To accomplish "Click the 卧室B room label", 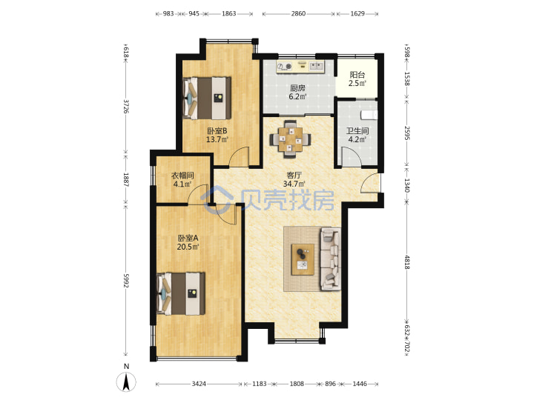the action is [x=217, y=131].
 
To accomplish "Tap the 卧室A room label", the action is [x=188, y=238].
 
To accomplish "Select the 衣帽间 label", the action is [x=182, y=176].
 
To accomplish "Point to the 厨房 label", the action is [x=297, y=88].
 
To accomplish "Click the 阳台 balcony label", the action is [x=357, y=75].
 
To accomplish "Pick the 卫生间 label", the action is [x=357, y=131].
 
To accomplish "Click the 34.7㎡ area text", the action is [x=294, y=184].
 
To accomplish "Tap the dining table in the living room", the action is [x=290, y=139].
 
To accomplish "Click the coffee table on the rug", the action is [x=303, y=259].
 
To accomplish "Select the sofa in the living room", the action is [x=330, y=259].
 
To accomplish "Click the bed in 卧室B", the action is [x=207, y=98].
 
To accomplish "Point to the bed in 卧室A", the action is [x=181, y=293].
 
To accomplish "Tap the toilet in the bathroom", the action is [x=369, y=115].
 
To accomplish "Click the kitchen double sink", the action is [x=317, y=66].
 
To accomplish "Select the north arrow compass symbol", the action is [x=126, y=381].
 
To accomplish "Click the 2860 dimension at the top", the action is [x=298, y=13].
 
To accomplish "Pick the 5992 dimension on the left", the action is [x=126, y=281].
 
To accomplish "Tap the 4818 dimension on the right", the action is [x=406, y=262].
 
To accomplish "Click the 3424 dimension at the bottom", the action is [x=199, y=384].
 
